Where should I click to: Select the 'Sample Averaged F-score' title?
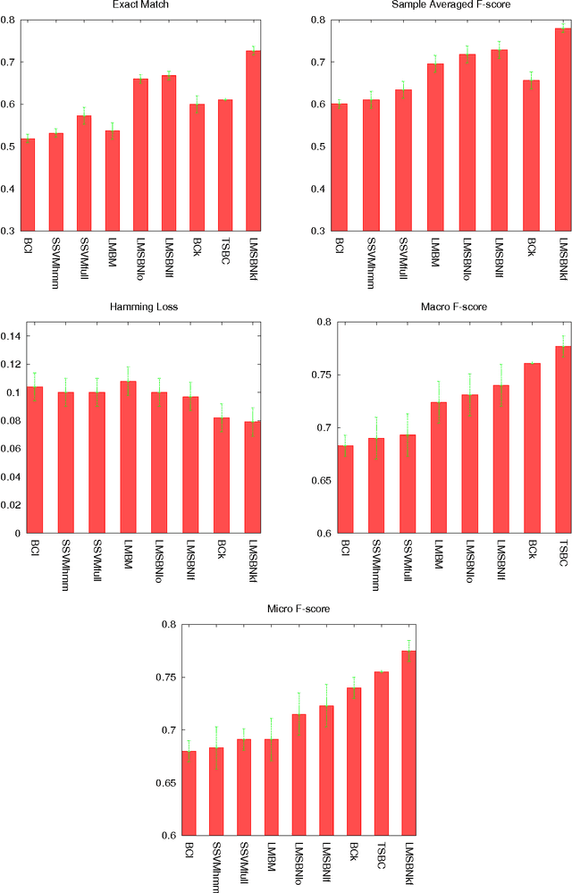coord(442,5)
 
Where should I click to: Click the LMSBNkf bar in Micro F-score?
coord(408,743)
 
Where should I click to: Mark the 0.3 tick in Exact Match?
coord(8,231)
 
